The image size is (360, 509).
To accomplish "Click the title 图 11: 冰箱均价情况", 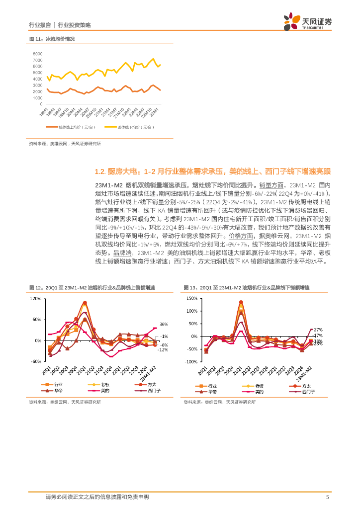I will click(52, 39).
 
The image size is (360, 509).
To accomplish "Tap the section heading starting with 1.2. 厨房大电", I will click(212, 172).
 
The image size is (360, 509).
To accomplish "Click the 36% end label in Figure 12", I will click(164, 324).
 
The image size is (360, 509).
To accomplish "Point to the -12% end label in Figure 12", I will click(164, 350).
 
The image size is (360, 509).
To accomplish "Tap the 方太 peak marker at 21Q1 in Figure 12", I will click(85, 303).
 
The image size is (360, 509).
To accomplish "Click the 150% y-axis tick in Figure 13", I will click(191, 299).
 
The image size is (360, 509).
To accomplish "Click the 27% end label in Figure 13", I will click(318, 330).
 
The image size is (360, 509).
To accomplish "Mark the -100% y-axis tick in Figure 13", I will click(191, 362).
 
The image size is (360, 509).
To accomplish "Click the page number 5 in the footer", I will click(327, 497).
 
